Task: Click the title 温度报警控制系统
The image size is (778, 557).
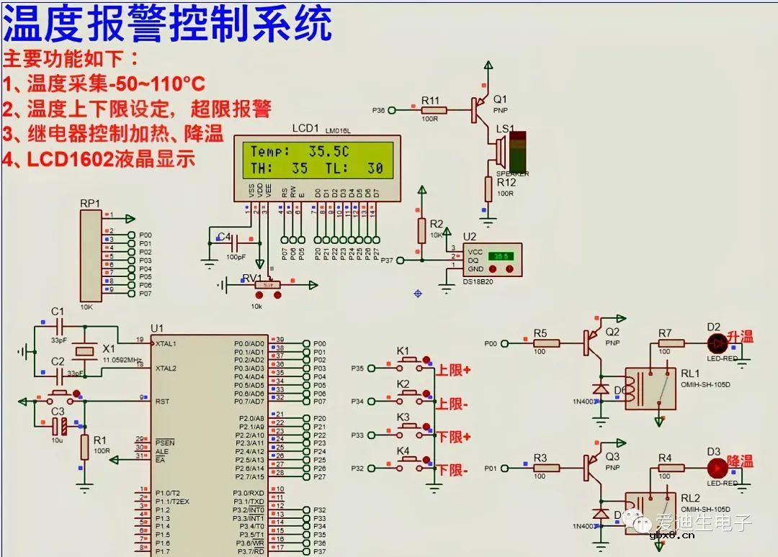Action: tap(167, 24)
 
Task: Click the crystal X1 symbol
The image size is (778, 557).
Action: tap(86, 351)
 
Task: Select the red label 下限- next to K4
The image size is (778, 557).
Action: tap(452, 471)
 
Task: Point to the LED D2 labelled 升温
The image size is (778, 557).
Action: tap(716, 342)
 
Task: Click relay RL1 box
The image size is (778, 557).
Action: tap(650, 388)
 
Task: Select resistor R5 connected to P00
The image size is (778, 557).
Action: tap(545, 343)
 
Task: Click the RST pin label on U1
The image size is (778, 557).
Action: tap(162, 401)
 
